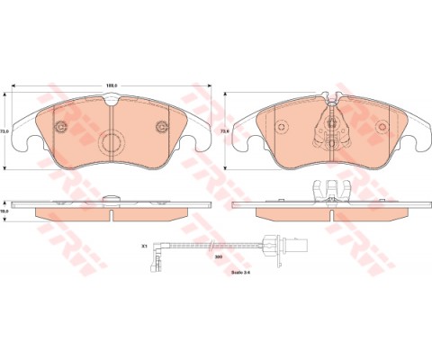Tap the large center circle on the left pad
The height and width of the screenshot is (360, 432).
[113, 142]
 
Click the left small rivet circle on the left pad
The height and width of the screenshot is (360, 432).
[64, 127]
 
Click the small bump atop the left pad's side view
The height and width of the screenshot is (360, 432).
[112, 196]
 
